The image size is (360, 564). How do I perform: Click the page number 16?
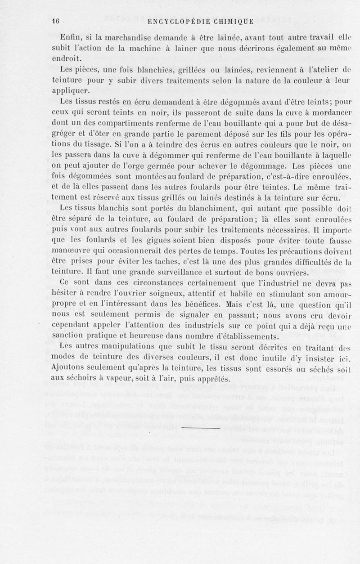(x=56, y=21)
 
